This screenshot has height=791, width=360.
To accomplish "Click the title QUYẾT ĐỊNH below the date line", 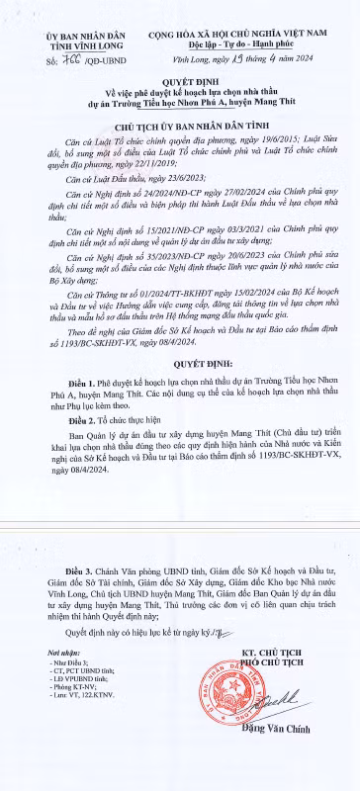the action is point(181,86).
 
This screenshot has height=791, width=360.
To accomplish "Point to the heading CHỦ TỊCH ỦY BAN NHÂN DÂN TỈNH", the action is point(180,128).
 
